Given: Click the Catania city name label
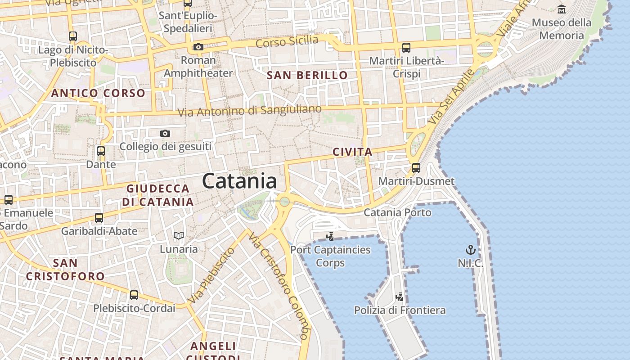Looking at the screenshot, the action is click(x=239, y=181).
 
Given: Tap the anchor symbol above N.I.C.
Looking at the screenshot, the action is click(x=470, y=250).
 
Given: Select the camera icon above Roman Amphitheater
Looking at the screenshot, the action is click(x=198, y=47).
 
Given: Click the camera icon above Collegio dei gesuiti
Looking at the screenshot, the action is click(x=165, y=133).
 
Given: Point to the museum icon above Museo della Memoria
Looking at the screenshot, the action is click(x=561, y=9).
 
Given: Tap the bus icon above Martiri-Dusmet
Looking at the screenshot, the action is click(x=416, y=168).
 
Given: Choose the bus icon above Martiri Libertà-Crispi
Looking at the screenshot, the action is click(x=406, y=47).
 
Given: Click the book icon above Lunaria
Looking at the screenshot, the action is click(x=179, y=235).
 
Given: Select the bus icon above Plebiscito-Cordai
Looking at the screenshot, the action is click(x=134, y=295).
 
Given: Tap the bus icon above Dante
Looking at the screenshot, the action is click(x=101, y=151).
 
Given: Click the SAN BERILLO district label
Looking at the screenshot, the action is click(x=307, y=75).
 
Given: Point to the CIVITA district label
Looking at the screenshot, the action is click(x=352, y=152).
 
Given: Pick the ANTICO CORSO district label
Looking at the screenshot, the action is click(x=98, y=94).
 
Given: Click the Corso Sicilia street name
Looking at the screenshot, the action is click(x=287, y=42).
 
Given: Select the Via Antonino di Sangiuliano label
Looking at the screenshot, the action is click(x=250, y=110).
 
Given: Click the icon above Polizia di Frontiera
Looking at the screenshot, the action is click(x=399, y=297).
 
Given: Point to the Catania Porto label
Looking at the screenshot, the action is click(x=397, y=212).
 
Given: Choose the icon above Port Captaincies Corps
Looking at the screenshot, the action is click(x=330, y=236).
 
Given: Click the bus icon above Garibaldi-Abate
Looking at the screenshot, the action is click(x=99, y=218).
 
